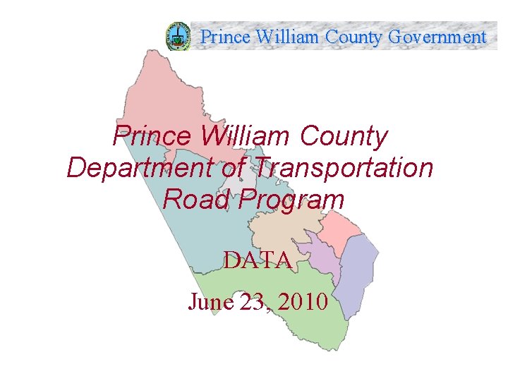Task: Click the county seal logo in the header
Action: (178, 36)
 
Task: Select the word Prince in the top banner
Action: (225, 37)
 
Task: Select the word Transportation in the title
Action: (343, 168)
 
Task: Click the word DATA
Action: (258, 260)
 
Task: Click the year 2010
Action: (303, 302)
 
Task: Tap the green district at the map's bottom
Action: (282, 332)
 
